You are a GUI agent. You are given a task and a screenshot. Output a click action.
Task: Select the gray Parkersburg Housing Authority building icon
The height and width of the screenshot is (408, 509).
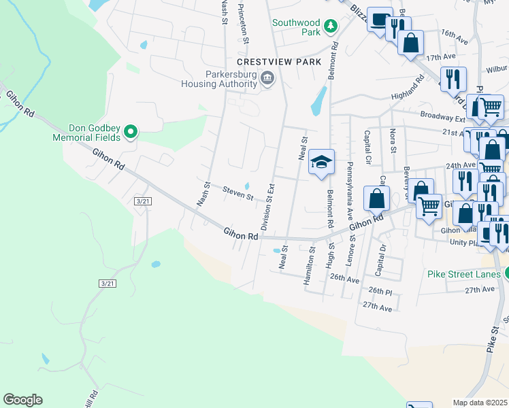coord(267,80)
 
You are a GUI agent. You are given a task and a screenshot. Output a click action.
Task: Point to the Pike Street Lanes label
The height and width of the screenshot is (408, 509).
coord(464,275)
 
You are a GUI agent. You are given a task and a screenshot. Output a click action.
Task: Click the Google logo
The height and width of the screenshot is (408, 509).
coord(22,400)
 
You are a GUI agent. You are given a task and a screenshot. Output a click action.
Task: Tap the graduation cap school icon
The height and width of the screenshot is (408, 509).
coord(321,163)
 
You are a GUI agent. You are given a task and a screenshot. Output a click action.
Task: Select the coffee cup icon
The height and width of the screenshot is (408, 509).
coord(379,20)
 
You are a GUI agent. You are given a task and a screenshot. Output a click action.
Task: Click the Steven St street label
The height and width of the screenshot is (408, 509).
coord(238,193)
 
